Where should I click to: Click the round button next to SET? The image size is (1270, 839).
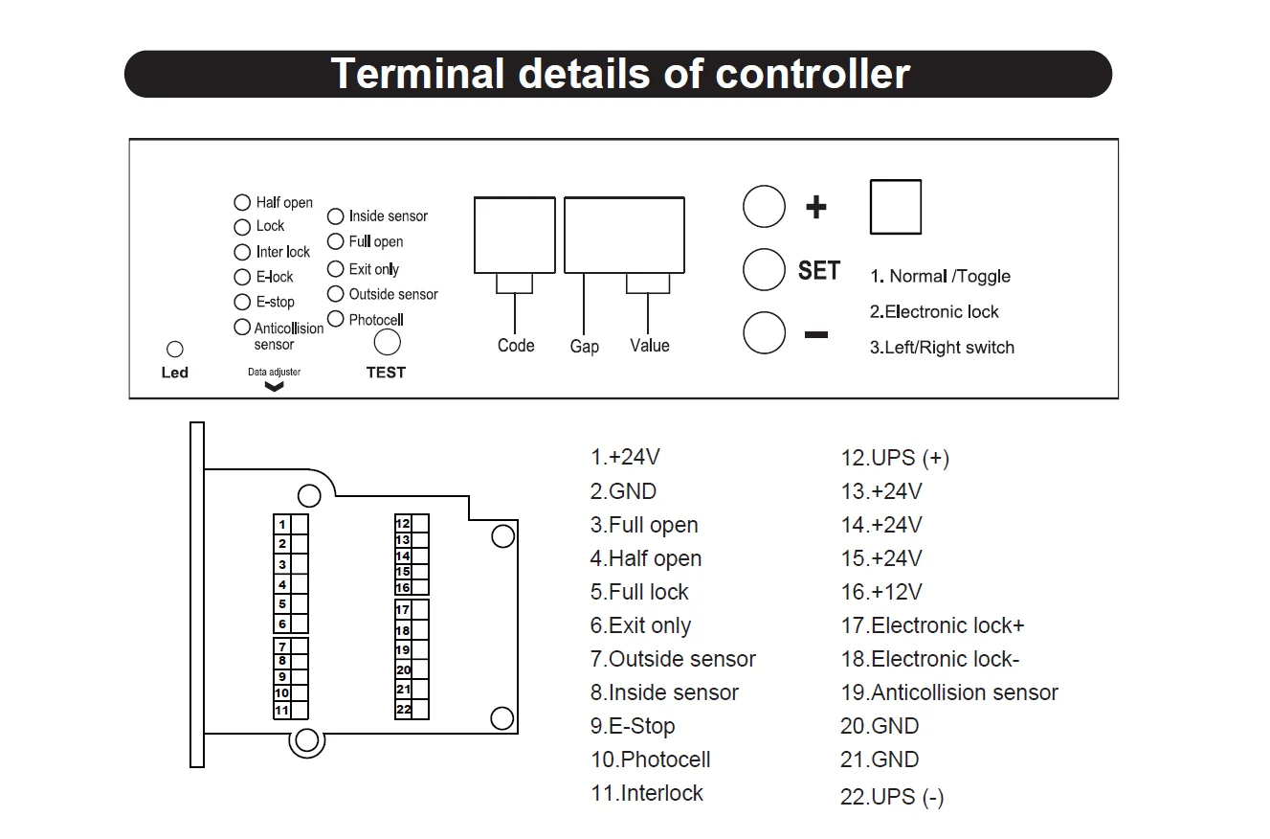point(764,270)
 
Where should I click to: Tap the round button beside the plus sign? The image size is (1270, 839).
point(764,207)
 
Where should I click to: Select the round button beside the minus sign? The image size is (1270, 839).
point(764,333)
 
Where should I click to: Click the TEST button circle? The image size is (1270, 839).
point(387,342)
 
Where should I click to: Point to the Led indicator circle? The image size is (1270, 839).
point(175,351)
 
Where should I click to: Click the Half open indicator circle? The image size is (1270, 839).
point(242,203)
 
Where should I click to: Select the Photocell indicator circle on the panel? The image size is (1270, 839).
point(335,319)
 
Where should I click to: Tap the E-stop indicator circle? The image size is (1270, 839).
point(242,302)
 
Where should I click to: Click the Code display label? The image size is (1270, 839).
point(516,345)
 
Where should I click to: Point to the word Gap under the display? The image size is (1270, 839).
point(584,346)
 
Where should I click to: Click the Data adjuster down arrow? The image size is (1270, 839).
point(274,387)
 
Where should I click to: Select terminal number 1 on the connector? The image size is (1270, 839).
point(282,524)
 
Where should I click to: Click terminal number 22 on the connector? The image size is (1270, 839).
point(403,710)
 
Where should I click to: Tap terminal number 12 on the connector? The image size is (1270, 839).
point(403,523)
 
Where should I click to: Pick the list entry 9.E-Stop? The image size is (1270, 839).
point(633,726)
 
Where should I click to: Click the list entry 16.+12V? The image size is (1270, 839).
point(881,592)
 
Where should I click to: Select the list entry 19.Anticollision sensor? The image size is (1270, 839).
point(949,692)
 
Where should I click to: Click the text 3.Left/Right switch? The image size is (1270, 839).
point(942,348)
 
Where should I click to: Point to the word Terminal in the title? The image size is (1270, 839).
point(417,74)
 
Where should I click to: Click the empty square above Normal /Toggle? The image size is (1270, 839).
point(896,207)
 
